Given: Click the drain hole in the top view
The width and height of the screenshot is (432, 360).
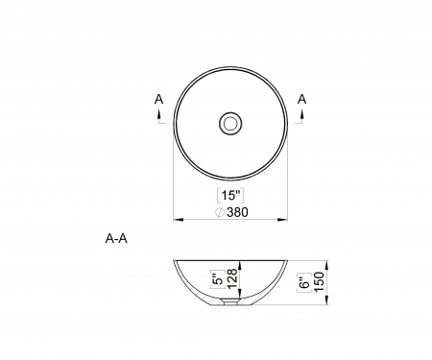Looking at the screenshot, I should [x=230, y=123].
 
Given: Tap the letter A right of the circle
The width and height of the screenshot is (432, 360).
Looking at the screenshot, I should [x=302, y=98].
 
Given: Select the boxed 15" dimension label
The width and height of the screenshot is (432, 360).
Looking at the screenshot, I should [x=230, y=194].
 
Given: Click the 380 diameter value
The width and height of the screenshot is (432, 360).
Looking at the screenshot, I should [x=240, y=211].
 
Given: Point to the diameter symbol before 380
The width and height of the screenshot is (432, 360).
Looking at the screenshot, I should [x=220, y=211].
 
